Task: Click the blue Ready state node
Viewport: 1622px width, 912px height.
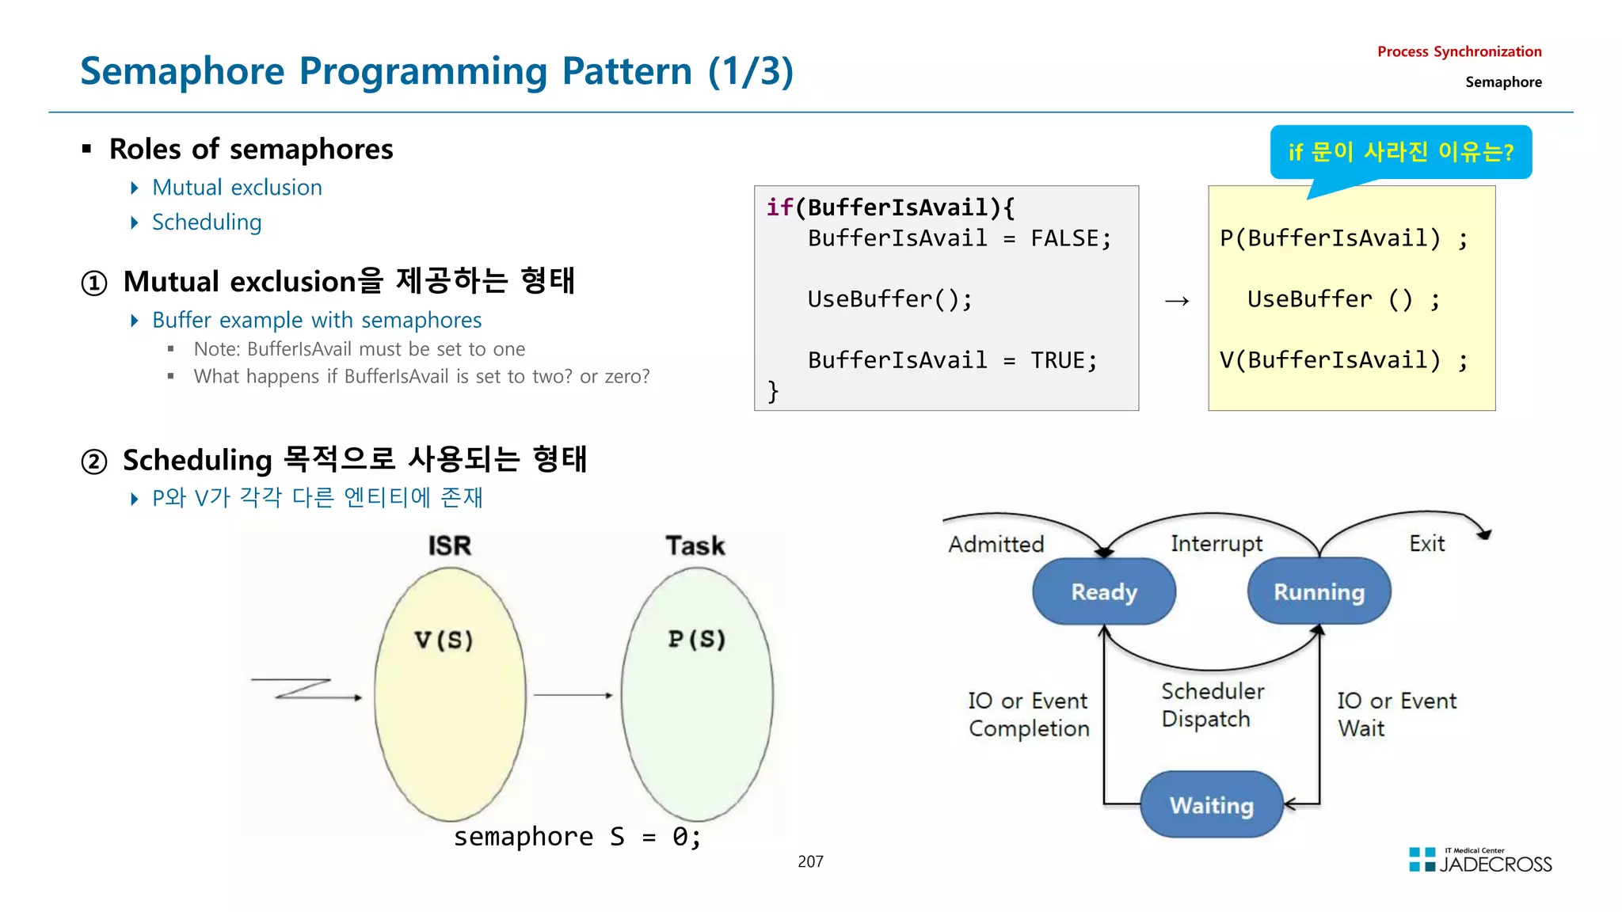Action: pyautogui.click(x=1104, y=591)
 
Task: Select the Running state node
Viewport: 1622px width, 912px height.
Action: pyautogui.click(x=1319, y=591)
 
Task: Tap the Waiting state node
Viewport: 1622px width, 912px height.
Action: pyautogui.click(x=1211, y=805)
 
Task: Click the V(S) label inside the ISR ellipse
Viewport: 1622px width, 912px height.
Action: pyautogui.click(x=444, y=640)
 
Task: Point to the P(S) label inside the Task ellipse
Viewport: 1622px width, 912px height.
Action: pyautogui.click(x=696, y=639)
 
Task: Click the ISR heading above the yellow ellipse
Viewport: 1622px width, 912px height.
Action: pyautogui.click(x=449, y=545)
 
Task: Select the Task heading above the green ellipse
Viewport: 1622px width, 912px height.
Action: pyautogui.click(x=695, y=545)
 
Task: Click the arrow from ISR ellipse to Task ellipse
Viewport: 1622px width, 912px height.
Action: pyautogui.click(x=573, y=695)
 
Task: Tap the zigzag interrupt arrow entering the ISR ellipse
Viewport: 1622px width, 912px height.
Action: pyautogui.click(x=305, y=689)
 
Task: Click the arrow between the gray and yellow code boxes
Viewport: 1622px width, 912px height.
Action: pyautogui.click(x=1177, y=301)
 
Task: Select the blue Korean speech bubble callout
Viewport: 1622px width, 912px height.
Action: pyautogui.click(x=1400, y=152)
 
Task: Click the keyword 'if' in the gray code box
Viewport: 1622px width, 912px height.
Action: pyautogui.click(x=779, y=207)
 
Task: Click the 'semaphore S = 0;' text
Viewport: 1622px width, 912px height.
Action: pyautogui.click(x=577, y=837)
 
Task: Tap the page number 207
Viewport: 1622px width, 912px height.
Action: pyautogui.click(x=810, y=861)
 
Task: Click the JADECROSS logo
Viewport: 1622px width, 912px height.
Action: pyautogui.click(x=1480, y=861)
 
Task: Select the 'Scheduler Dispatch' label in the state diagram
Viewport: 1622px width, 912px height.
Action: pyautogui.click(x=1211, y=705)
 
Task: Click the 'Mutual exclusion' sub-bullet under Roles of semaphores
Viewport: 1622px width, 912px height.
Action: pyautogui.click(x=237, y=188)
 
